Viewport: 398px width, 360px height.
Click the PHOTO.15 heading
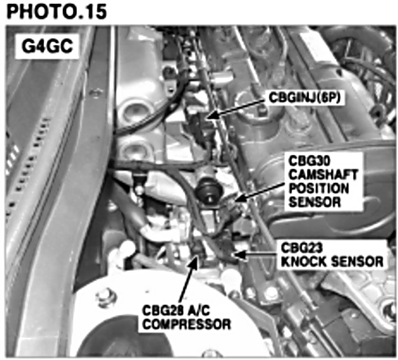click(56, 12)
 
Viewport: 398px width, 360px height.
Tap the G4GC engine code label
click(47, 46)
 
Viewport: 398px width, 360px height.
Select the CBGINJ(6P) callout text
click(304, 97)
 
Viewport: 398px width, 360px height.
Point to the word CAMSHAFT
click(323, 174)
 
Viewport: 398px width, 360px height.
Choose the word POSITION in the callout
click(319, 188)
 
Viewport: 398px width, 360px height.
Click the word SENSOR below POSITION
click(315, 202)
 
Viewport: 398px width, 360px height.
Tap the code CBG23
click(302, 248)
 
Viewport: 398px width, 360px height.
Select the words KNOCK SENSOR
click(332, 261)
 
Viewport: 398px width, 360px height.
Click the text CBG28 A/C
click(176, 310)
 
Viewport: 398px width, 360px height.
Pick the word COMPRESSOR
click(187, 324)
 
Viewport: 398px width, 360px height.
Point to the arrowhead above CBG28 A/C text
click(194, 261)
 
